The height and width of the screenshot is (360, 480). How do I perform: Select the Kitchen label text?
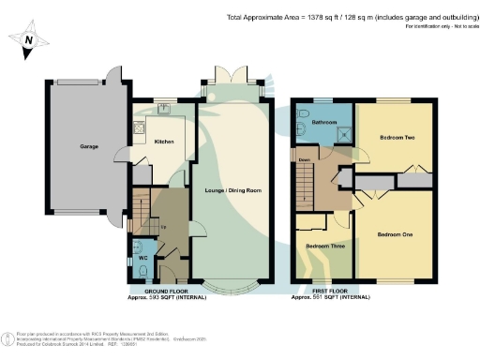164,142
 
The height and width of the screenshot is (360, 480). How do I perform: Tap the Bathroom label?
324,123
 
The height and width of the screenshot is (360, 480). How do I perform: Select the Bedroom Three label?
323,247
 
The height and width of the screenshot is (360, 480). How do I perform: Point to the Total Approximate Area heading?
347,17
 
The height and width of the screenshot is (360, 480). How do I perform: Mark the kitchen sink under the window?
163,109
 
